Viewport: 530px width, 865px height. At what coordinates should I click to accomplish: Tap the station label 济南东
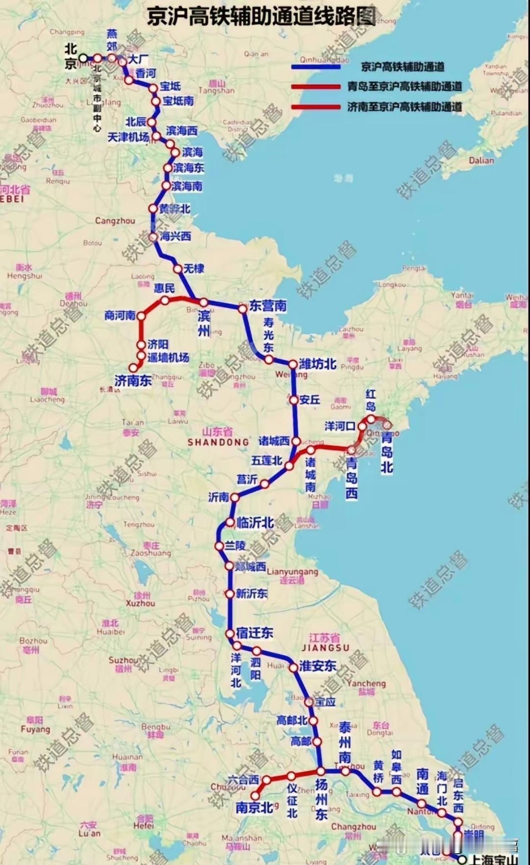(x=132, y=381)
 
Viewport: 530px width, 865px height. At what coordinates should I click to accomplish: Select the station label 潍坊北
(x=317, y=364)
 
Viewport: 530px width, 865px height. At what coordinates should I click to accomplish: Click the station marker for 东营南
(x=242, y=309)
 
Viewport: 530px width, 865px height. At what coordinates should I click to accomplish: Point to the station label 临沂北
(x=255, y=523)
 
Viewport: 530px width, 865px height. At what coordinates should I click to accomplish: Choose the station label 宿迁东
(x=254, y=633)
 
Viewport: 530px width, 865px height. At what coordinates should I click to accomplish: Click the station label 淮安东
(x=318, y=666)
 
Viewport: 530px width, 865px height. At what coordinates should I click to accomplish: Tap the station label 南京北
(x=254, y=808)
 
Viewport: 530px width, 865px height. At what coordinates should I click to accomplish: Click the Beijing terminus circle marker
(x=83, y=58)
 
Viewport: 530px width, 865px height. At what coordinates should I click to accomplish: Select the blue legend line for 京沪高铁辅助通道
(x=316, y=66)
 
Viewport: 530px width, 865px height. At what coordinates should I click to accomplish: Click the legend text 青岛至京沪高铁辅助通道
(x=404, y=87)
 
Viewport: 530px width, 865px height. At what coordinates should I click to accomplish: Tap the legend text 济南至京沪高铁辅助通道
(x=404, y=106)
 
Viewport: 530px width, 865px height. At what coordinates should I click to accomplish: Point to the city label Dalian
(x=481, y=160)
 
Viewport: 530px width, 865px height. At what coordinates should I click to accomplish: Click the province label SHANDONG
(x=218, y=442)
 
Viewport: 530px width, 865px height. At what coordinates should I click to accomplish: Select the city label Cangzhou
(x=115, y=221)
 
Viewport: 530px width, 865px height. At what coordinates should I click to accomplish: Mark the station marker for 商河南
(x=141, y=316)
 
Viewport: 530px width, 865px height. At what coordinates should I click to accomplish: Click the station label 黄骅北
(x=174, y=209)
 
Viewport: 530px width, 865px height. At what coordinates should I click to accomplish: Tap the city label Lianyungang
(x=292, y=572)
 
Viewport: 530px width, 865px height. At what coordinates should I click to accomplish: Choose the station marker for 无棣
(x=178, y=269)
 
